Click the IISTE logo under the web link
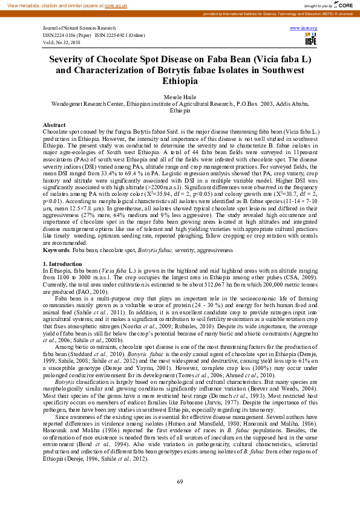pyautogui.click(x=310, y=39)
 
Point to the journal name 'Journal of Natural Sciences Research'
pyautogui.click(x=79, y=28)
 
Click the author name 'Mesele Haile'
pyautogui.click(x=180, y=97)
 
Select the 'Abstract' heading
pyautogui.click(x=54, y=125)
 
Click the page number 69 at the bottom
pyautogui.click(x=180, y=481)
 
